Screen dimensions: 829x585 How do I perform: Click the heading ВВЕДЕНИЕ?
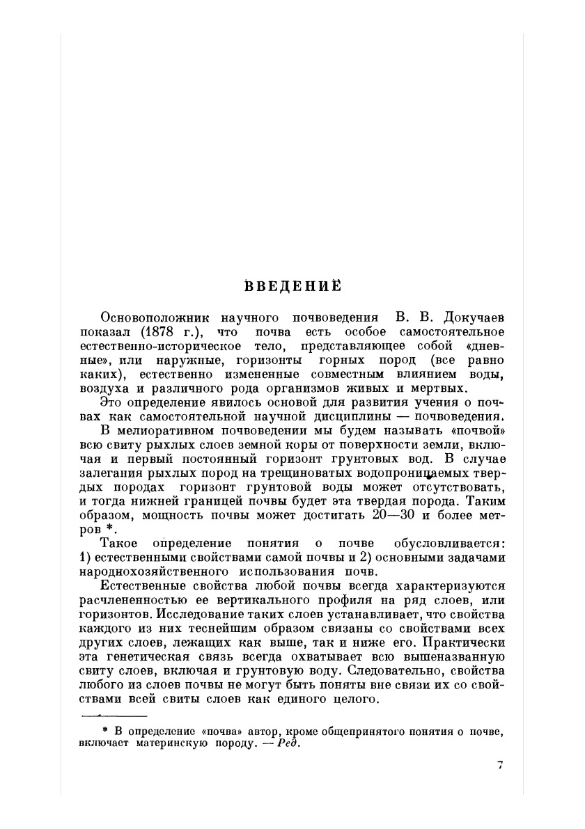(292, 285)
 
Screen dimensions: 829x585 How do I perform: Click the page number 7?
(500, 764)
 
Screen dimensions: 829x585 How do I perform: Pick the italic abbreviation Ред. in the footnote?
(288, 742)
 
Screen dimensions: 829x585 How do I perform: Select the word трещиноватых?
(306, 473)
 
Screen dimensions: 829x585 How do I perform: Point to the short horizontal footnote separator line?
(114, 716)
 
